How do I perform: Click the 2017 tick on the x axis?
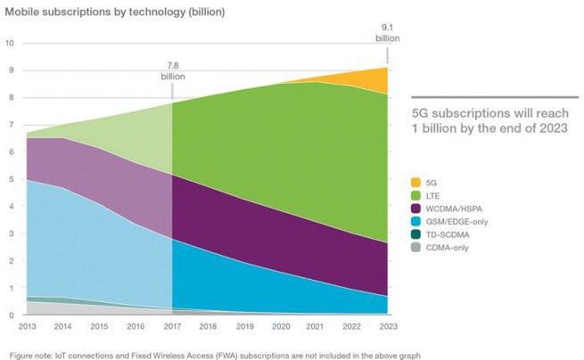point(170,326)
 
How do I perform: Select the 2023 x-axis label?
point(386,326)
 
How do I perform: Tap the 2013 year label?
point(27,326)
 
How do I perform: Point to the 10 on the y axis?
point(9,42)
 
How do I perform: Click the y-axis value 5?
point(11,178)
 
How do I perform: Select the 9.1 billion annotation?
point(387,33)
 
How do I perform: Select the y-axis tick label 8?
point(11,96)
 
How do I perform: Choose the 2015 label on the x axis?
point(99,326)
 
